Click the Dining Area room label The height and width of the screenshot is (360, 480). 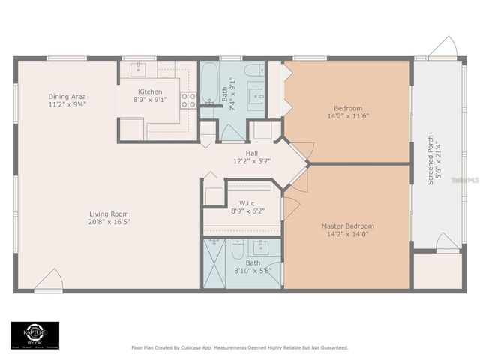(67, 96)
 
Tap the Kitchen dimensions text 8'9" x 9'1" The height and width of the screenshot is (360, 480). (150, 99)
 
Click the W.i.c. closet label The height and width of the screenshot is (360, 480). (249, 203)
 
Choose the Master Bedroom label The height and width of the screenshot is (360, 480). (347, 226)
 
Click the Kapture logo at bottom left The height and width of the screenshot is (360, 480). (34, 335)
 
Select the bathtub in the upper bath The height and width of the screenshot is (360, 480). (210, 82)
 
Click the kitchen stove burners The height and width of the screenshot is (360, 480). (188, 100)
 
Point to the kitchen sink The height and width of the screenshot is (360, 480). (139, 70)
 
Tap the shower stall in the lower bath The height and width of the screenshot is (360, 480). (215, 262)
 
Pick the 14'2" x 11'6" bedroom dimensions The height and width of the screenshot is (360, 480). (347, 116)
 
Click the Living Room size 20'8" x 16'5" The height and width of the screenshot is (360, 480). (109, 222)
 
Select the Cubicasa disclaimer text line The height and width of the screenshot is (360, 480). (240, 347)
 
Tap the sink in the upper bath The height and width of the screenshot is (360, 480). (256, 95)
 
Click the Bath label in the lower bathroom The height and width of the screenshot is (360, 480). (253, 262)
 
